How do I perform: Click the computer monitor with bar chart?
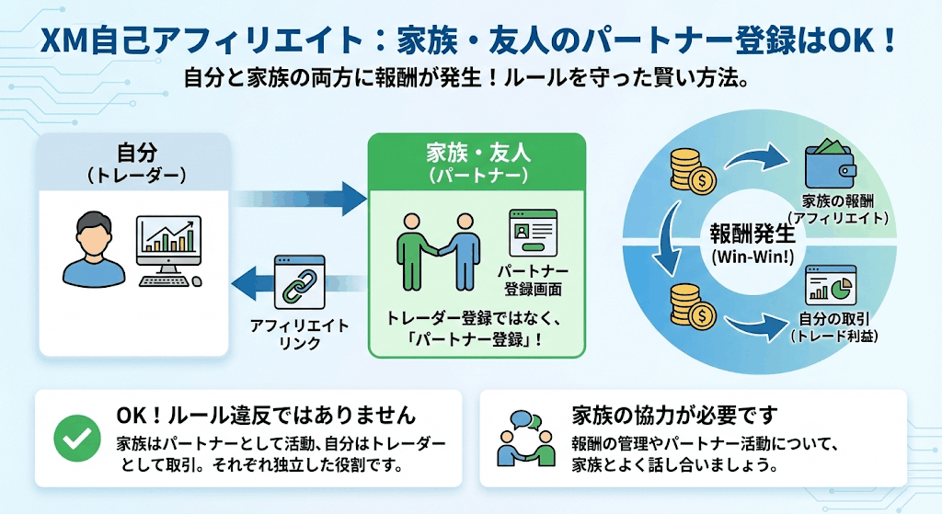pyautogui.click(x=168, y=246)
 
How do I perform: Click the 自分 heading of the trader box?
pyautogui.click(x=134, y=152)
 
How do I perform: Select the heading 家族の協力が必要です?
pyautogui.click(x=674, y=414)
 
